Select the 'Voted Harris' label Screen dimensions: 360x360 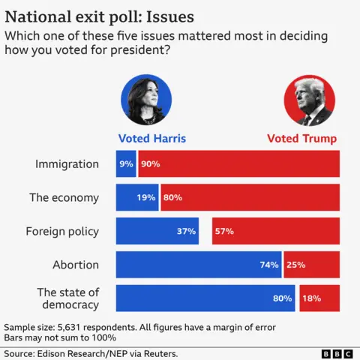pyautogui.click(x=152, y=139)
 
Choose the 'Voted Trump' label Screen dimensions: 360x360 pyautogui.click(x=302, y=139)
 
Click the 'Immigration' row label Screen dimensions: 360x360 pyautogui.click(x=67, y=163)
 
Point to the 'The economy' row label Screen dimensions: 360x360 pyautogui.click(x=64, y=197)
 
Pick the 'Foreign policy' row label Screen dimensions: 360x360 pyautogui.click(x=62, y=231)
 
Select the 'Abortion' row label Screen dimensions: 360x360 pyautogui.click(x=76, y=265)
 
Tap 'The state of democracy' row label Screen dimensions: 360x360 pyautogui.click(x=68, y=298)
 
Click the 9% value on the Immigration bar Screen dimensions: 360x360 pyautogui.click(x=125, y=163)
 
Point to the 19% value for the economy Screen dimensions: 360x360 pyautogui.click(x=146, y=198)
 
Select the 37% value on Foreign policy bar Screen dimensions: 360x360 pyautogui.click(x=186, y=231)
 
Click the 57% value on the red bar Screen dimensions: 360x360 pyautogui.click(x=224, y=231)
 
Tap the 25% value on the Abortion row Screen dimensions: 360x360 pyautogui.click(x=316, y=265)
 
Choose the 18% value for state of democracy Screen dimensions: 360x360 pyautogui.click(x=311, y=298)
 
